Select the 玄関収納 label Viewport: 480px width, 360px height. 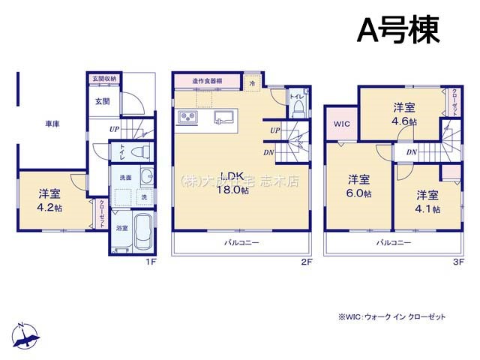104,78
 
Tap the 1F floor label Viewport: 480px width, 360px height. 150,262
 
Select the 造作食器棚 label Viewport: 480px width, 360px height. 205,81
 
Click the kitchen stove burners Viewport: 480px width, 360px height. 187,118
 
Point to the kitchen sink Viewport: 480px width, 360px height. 223,117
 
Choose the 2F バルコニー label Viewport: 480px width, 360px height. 240,242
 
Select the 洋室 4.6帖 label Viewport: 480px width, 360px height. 403,114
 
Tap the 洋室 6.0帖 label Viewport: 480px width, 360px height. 358,185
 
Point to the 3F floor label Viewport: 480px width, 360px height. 459,262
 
